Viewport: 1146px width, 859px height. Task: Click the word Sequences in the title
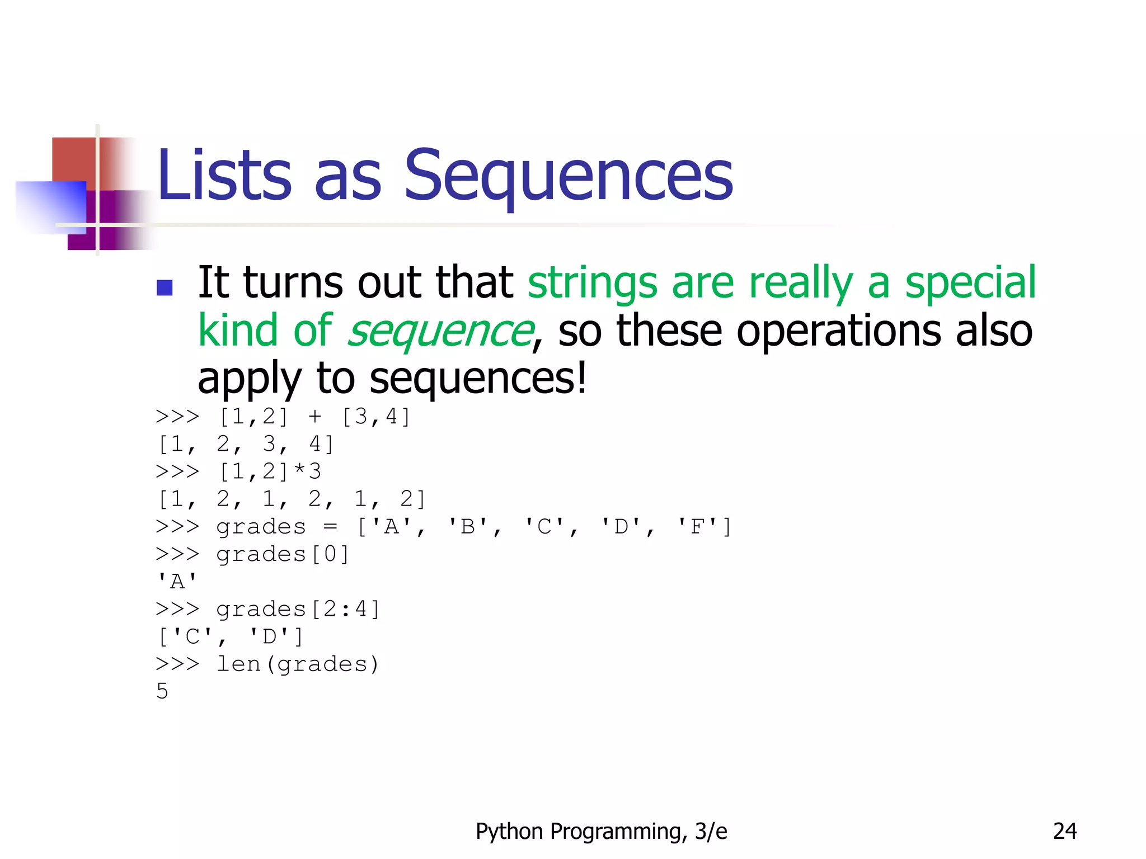coord(567,176)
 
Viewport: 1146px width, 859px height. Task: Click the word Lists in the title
coord(224,176)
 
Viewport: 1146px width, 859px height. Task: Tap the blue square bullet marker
coord(165,287)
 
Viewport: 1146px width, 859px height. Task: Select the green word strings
coord(592,283)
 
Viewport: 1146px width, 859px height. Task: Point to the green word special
coord(970,283)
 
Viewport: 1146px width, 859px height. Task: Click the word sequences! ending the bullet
coord(478,379)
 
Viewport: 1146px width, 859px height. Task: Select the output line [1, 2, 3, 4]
coord(246,445)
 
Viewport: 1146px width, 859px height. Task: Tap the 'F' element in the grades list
coord(697,527)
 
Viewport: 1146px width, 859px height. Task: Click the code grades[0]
coord(283,554)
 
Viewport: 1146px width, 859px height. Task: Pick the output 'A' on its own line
coord(177,582)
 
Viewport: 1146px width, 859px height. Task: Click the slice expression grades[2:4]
coord(298,609)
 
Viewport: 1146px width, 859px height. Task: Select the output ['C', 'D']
coord(231,637)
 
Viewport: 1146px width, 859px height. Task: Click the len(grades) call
coord(298,664)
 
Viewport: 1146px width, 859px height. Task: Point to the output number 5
coord(162,692)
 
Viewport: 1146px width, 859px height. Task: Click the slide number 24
coord(1064,832)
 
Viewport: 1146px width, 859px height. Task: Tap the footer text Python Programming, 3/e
coord(601,832)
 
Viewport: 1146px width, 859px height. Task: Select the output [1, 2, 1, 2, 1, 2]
coord(292,499)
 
